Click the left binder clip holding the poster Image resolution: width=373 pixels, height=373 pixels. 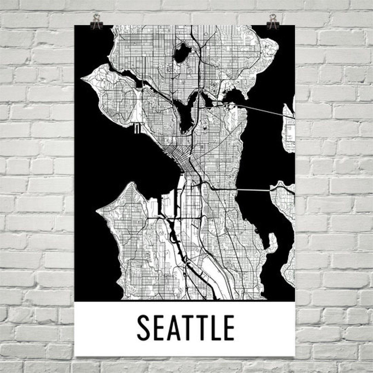[96, 22]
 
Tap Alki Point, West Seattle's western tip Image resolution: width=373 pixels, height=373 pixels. [100, 210]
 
